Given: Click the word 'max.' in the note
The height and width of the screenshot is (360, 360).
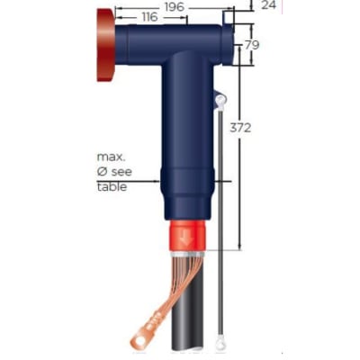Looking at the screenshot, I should coord(112,156).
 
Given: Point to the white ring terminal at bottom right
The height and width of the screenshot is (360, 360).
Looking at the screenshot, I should coord(221,341).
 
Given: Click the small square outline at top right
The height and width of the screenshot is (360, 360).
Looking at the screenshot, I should coord(229,16).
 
